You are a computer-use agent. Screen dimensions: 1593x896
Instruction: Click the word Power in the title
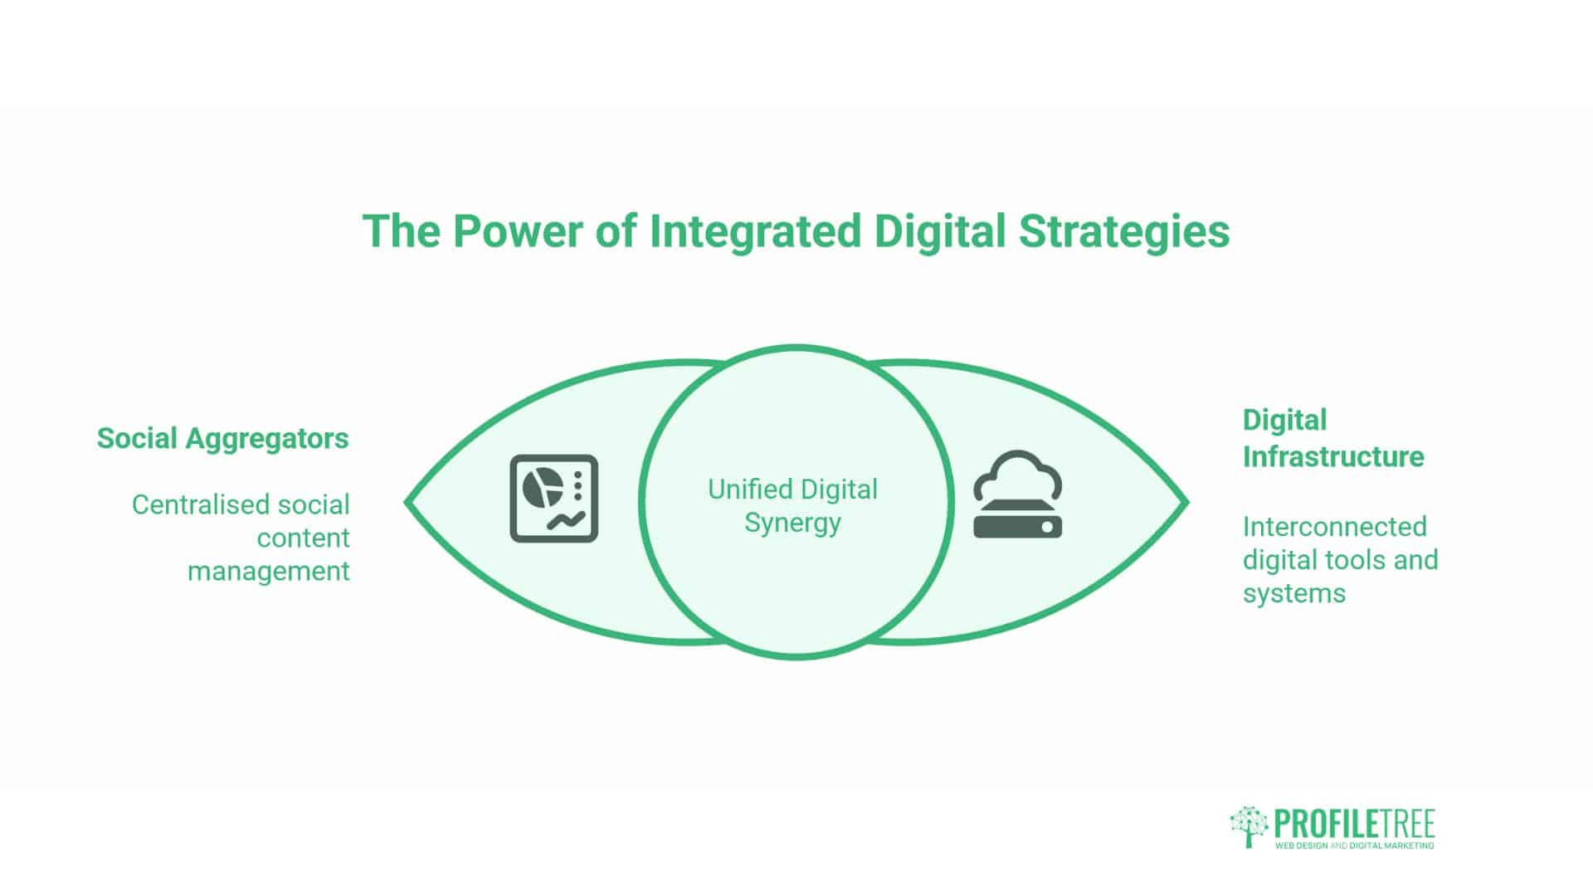[x=518, y=231]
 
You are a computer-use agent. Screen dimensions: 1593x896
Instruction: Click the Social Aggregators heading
[x=223, y=439]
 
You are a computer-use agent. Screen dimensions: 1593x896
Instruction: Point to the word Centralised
[x=199, y=504]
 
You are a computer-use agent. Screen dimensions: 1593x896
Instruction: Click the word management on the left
[x=269, y=572]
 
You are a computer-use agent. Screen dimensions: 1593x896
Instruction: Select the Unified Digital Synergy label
[x=792, y=506]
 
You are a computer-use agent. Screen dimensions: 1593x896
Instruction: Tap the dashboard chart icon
[x=553, y=499]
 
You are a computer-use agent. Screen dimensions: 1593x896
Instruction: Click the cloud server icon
[x=1018, y=494]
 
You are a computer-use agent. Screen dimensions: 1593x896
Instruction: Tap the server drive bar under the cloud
[x=1018, y=525]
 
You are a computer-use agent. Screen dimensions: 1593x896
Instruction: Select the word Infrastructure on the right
[x=1333, y=456]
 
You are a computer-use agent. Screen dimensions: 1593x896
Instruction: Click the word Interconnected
[x=1335, y=527]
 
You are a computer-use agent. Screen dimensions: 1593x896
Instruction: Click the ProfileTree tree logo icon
[x=1249, y=826]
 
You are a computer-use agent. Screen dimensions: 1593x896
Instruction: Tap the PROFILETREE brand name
[x=1355, y=825]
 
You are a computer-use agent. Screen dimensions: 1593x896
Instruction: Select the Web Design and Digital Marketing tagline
[x=1355, y=845]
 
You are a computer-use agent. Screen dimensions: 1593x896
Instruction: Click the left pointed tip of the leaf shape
[x=406, y=502]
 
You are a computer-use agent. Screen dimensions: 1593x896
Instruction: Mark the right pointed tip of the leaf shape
[x=1187, y=502]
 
